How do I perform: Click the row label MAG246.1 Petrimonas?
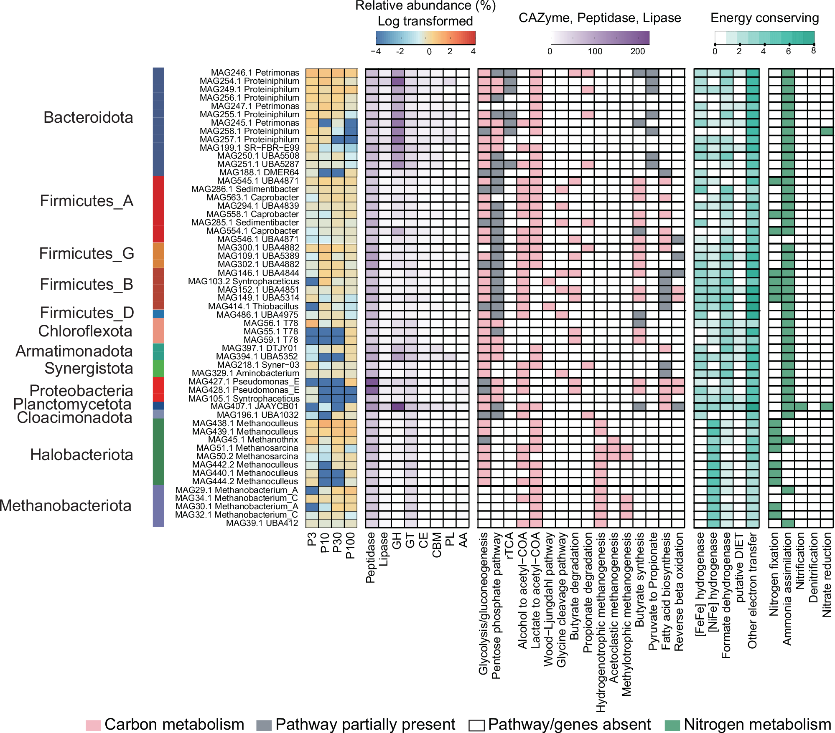pyautogui.click(x=255, y=73)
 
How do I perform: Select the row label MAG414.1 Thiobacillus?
pyautogui.click(x=253, y=306)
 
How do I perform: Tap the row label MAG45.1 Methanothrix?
pyautogui.click(x=253, y=440)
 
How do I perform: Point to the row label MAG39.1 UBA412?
pyautogui.click(x=262, y=523)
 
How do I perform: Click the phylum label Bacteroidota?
pyautogui.click(x=88, y=117)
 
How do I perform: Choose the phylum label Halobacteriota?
pyautogui.click(x=81, y=455)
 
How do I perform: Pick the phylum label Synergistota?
pyautogui.click(x=89, y=368)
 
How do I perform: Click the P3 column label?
pyautogui.click(x=312, y=539)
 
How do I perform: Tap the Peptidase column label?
pyautogui.click(x=370, y=557)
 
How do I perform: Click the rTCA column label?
pyautogui.click(x=509, y=545)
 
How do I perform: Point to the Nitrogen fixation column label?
pyautogui.click(x=774, y=574)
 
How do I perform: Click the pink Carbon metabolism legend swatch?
pyautogui.click(x=93, y=725)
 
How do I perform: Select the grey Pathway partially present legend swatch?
pyautogui.click(x=264, y=725)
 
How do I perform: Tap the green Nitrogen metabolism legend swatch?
pyautogui.click(x=672, y=725)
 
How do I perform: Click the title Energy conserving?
pyautogui.click(x=764, y=18)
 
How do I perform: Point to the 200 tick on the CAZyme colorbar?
pyautogui.click(x=637, y=51)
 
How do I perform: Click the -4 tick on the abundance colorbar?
pyautogui.click(x=376, y=52)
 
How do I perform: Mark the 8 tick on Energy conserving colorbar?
pyautogui.click(x=813, y=51)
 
